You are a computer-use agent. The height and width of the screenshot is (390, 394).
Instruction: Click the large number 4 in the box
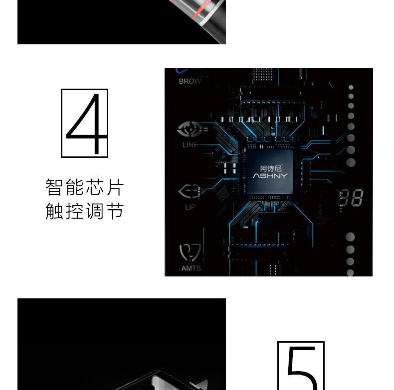[x=85, y=123]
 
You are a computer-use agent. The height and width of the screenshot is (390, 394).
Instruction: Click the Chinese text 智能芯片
[x=84, y=188]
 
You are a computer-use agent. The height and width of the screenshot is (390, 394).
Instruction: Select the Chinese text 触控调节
[x=84, y=211]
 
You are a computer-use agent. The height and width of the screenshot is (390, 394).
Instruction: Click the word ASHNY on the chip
[x=270, y=176]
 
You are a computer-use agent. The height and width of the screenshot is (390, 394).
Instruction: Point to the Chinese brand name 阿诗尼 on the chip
[x=271, y=168]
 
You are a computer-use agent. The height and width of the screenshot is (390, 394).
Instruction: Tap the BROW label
[x=190, y=81]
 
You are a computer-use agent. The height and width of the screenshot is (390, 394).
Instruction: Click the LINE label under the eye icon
[x=190, y=145]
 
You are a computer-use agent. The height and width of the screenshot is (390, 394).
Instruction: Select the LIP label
[x=190, y=207]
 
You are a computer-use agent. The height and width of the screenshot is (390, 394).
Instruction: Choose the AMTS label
[x=191, y=268]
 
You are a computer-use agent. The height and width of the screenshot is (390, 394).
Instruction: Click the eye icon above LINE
[x=189, y=130]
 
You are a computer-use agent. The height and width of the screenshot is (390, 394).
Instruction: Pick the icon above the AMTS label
[x=191, y=253]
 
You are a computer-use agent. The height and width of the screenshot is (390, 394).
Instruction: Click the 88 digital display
[x=351, y=198]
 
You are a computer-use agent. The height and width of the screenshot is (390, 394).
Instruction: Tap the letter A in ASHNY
[x=255, y=176]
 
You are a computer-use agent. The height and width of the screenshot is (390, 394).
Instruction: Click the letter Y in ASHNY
[x=284, y=176]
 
